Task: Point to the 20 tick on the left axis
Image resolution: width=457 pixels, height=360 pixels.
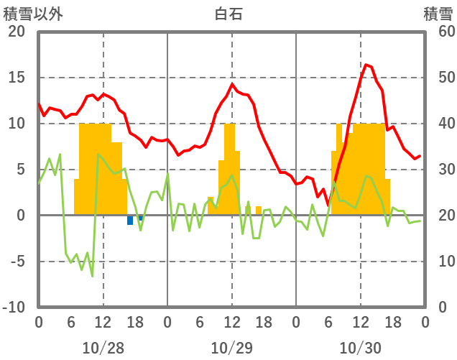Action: tap(16, 32)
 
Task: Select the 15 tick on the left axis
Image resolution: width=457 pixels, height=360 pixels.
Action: tap(17, 78)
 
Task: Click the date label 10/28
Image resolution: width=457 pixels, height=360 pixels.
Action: tap(103, 348)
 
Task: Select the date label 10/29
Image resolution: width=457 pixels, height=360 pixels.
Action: tap(231, 348)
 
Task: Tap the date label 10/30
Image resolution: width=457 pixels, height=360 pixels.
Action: tap(360, 348)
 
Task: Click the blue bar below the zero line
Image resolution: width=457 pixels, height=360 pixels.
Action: tap(130, 220)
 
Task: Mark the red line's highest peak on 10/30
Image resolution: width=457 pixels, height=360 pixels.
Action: tap(366, 65)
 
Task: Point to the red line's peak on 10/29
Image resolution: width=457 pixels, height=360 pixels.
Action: tap(232, 84)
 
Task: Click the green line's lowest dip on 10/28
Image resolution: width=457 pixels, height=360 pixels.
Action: tap(92, 276)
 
